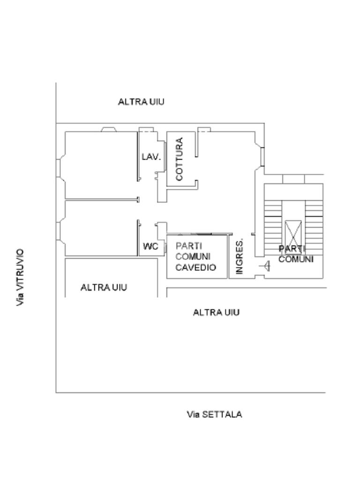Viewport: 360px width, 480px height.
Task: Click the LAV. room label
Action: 151,157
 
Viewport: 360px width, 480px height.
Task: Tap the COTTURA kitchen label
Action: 179,159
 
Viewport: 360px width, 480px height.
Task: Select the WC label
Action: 150,247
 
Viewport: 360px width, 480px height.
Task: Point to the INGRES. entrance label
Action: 240,256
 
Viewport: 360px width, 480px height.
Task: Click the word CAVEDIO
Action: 195,268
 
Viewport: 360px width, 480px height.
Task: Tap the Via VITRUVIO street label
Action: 20,277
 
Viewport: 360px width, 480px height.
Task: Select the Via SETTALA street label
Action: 214,414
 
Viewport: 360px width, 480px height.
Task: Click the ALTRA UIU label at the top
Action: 141,102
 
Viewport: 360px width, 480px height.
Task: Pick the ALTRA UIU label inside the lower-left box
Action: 104,287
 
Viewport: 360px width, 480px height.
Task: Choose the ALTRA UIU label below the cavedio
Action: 216,312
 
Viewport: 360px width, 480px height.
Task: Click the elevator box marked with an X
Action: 294,234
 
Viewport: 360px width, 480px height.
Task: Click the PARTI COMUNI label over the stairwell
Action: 296,254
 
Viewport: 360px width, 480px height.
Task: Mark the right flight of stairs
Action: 314,220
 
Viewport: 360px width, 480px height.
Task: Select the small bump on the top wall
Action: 109,129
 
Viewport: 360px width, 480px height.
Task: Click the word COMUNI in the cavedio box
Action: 193,257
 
